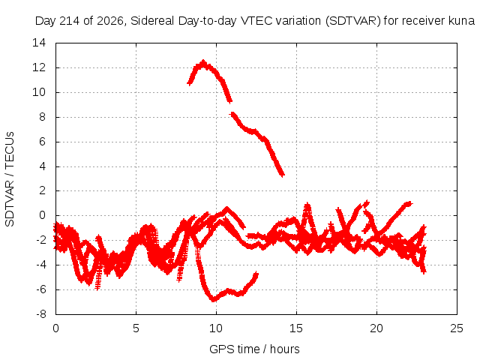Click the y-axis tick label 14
(x=39, y=43)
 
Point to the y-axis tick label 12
(x=39, y=67)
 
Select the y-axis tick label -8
(x=41, y=314)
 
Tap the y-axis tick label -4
(x=41, y=265)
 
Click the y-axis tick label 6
(x=42, y=142)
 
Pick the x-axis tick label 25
(x=457, y=328)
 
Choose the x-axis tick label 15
(x=296, y=328)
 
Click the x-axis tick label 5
(x=136, y=328)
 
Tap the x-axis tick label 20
(x=376, y=328)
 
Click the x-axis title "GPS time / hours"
(x=254, y=349)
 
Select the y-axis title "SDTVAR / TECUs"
(x=10, y=179)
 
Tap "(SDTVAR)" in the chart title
(x=353, y=21)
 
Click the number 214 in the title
(x=69, y=21)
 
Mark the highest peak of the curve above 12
(x=203, y=61)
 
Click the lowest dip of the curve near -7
(x=213, y=300)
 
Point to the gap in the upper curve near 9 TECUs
(x=232, y=107)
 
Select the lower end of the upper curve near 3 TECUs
(x=282, y=175)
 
